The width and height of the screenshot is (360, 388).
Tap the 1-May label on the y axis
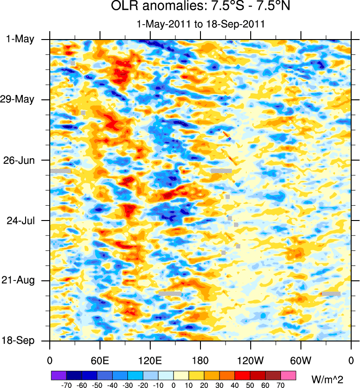(20, 39)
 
